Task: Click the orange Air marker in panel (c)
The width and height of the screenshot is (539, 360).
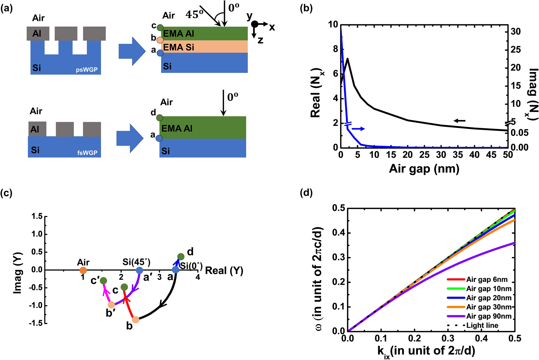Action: [x=83, y=270]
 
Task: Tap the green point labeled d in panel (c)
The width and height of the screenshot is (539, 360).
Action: [x=181, y=257]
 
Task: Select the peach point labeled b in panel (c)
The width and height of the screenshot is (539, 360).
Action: [x=135, y=320]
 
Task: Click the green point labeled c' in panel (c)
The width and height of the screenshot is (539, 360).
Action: [x=103, y=281]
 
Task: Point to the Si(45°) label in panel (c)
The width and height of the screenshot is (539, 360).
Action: [x=136, y=262]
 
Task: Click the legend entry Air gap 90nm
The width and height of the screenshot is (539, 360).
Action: [x=489, y=316]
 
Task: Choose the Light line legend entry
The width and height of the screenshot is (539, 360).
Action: [x=482, y=325]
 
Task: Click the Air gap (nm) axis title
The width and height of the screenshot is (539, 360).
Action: [x=424, y=169]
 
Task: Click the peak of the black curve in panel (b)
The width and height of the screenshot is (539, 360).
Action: [x=347, y=59]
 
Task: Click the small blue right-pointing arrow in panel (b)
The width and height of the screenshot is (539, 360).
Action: [x=358, y=129]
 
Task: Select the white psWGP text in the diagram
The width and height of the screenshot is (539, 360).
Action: [x=87, y=70]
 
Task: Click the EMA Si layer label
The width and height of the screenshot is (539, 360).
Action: [x=178, y=47]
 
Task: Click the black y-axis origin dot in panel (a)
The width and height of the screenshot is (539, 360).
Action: [x=255, y=24]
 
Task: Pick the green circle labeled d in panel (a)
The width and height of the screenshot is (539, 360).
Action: [x=160, y=118]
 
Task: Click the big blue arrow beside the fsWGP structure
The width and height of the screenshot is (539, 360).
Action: [x=130, y=138]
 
